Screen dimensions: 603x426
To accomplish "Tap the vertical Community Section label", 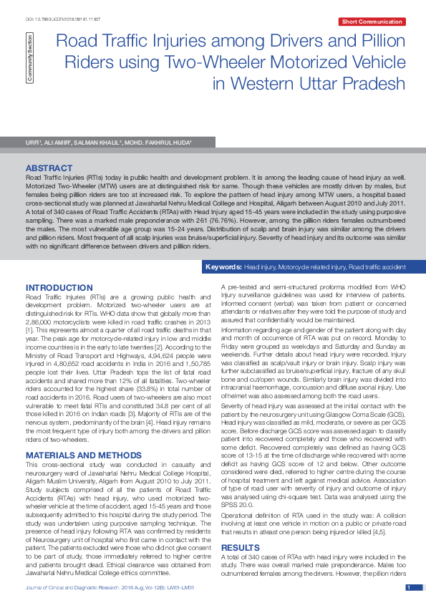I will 29,57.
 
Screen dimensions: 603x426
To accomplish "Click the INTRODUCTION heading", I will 59,288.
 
